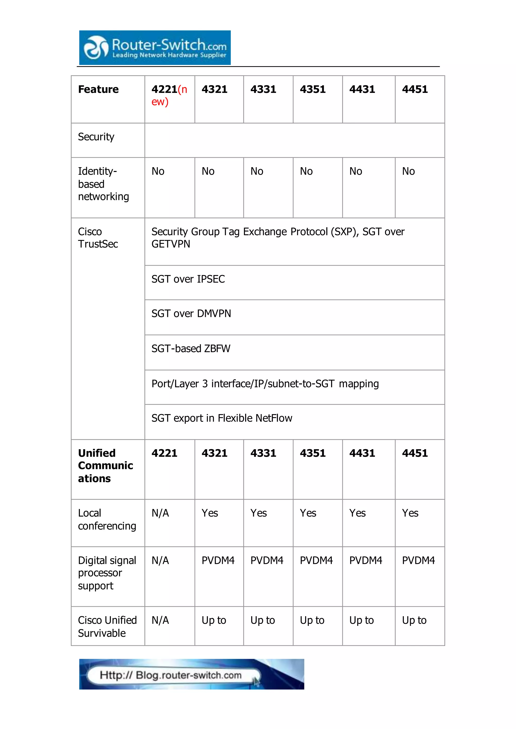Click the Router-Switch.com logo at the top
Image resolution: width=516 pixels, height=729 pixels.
(x=155, y=48)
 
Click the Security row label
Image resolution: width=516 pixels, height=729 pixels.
(x=96, y=137)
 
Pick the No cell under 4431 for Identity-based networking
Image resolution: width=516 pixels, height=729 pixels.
(x=356, y=171)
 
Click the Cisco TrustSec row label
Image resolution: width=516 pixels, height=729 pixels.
(x=98, y=238)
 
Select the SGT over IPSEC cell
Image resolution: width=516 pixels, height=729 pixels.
(x=188, y=279)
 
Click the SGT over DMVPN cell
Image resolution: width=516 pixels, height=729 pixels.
(x=191, y=314)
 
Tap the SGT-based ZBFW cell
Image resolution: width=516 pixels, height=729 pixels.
(x=191, y=349)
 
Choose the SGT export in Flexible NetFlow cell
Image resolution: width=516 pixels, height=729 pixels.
(x=221, y=418)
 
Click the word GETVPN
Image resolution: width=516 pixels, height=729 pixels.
(x=171, y=244)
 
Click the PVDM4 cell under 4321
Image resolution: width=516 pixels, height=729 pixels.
(x=218, y=560)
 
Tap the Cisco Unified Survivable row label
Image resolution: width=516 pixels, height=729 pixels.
(x=107, y=627)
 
